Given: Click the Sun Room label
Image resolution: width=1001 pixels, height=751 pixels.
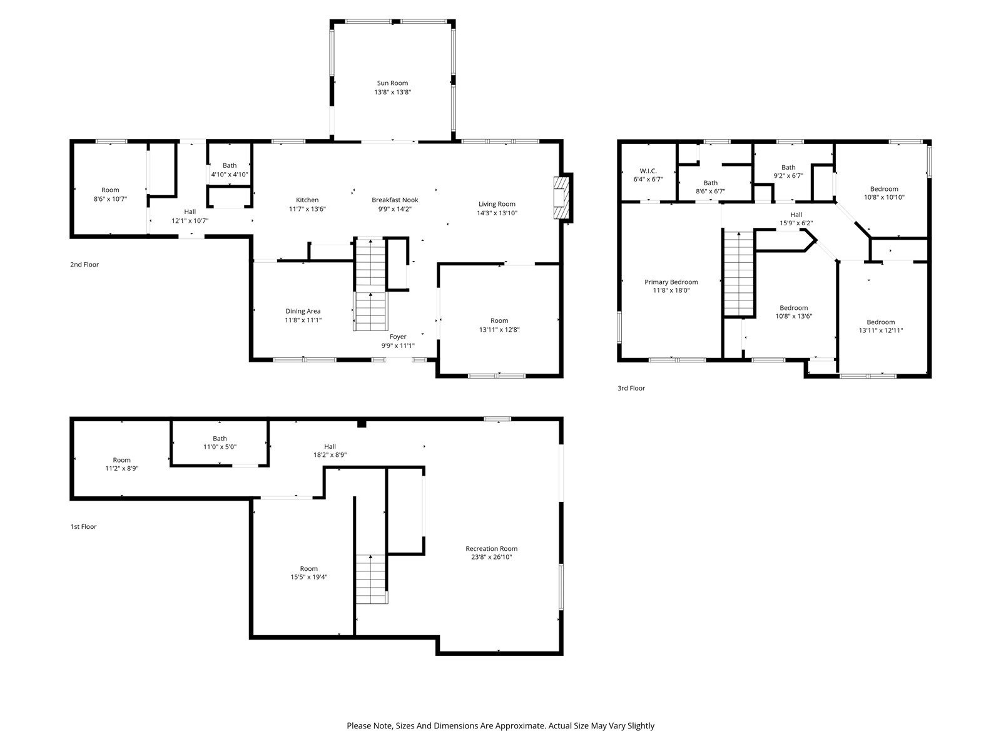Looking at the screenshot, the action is [392, 83].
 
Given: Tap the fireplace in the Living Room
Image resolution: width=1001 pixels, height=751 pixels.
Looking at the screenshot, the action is [562, 198].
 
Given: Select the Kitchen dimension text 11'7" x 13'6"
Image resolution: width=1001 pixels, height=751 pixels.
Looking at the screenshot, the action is [307, 209].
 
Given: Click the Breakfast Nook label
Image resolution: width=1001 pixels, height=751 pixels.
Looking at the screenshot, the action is [395, 200].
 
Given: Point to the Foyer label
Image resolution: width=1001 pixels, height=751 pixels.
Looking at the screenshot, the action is [398, 337].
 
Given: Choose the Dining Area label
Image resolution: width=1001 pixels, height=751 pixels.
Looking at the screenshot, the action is [303, 311].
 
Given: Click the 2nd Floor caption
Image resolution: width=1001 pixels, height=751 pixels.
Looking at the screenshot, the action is [84, 265].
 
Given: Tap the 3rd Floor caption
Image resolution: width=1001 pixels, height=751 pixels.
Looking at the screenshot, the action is [631, 388].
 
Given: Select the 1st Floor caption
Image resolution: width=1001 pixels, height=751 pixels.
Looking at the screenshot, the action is [83, 526].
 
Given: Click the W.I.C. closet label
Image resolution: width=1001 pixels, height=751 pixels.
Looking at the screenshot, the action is [648, 171].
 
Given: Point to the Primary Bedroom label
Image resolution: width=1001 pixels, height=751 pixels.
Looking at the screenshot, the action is [671, 282].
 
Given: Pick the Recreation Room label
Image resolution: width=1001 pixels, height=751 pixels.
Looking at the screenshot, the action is [491, 549].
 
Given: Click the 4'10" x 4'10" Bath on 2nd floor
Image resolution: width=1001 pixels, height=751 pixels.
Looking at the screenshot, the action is [230, 170].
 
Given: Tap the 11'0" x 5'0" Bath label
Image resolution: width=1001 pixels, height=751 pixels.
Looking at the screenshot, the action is [220, 442].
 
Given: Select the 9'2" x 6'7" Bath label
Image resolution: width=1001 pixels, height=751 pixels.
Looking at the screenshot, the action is [788, 171].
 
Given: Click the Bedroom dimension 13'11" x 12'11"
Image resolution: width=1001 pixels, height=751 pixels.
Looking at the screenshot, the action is [881, 330].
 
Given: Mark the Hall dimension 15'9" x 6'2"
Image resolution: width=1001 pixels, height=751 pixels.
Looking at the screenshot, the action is [796, 223].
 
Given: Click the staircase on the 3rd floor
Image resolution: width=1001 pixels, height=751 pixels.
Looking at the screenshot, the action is [739, 273].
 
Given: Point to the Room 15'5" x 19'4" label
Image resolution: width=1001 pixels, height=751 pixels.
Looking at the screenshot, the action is [308, 573].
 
